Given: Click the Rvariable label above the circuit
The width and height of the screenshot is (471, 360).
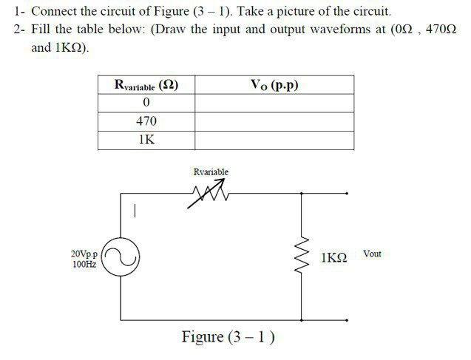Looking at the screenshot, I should tap(211, 172).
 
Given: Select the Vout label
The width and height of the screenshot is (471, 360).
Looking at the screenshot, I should tap(372, 254).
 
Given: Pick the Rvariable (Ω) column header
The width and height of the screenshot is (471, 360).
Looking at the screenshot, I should tap(146, 85).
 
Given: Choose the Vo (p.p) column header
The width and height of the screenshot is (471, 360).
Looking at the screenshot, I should tap(274, 85).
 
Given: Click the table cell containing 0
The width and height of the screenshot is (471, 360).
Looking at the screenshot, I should tap(146, 103).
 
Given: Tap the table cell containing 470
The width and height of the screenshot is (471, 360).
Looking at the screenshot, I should tap(146, 121).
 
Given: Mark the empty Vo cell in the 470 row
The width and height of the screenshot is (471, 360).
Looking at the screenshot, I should tap(274, 121).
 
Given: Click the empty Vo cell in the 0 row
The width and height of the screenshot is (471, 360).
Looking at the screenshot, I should tap(274, 103).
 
